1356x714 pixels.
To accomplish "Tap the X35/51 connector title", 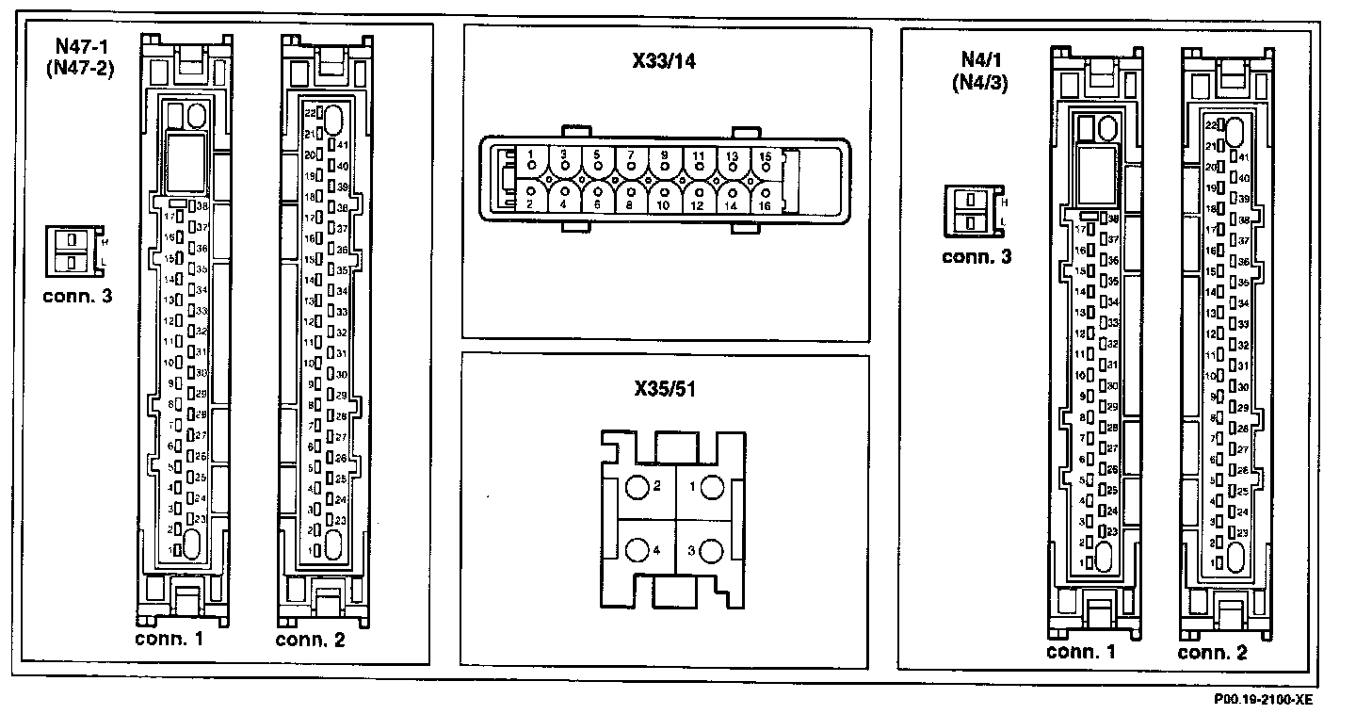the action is [x=665, y=389].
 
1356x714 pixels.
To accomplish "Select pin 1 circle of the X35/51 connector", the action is [x=711, y=488].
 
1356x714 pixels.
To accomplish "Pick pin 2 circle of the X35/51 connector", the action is [x=638, y=488].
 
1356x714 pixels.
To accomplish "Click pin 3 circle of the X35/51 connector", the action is [x=711, y=551].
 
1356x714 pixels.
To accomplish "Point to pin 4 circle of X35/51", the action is [x=638, y=551].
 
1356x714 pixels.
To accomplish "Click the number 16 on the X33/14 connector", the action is [x=764, y=204].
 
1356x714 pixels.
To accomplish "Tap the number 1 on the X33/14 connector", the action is [x=531, y=154].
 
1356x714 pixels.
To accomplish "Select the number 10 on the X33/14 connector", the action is [x=664, y=204].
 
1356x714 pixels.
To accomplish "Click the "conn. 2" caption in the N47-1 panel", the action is [x=310, y=640].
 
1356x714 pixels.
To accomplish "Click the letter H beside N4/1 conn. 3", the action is [x=1005, y=203].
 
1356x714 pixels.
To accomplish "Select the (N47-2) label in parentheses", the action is [x=79, y=68].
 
